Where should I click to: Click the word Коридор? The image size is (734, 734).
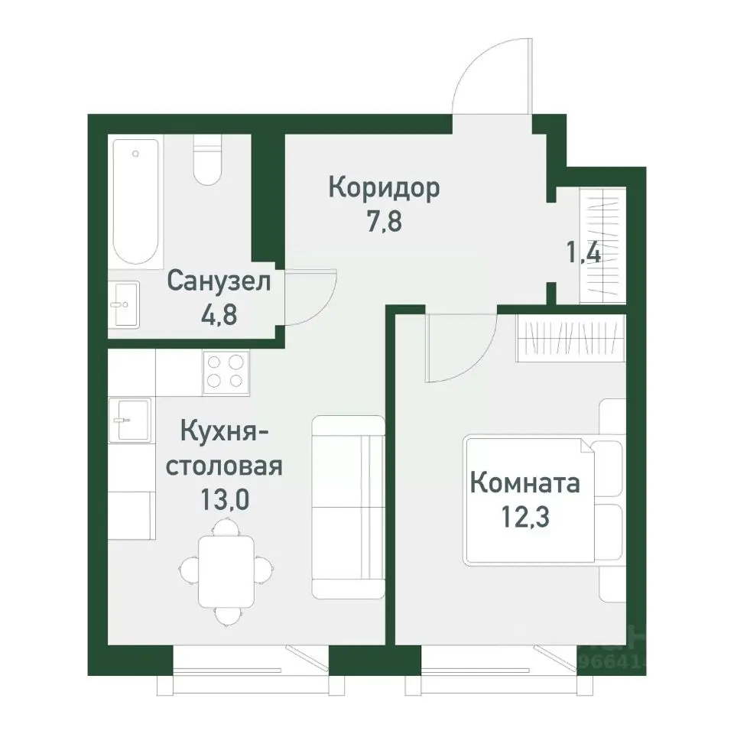(384, 187)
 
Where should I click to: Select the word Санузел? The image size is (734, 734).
(219, 281)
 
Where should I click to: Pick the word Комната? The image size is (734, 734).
(525, 483)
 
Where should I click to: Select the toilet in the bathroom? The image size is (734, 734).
(207, 161)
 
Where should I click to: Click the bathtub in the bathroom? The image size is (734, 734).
(136, 201)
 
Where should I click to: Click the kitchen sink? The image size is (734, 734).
(129, 419)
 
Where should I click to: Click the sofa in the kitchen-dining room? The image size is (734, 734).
(347, 506)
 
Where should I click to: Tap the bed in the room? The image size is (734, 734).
(535, 500)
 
